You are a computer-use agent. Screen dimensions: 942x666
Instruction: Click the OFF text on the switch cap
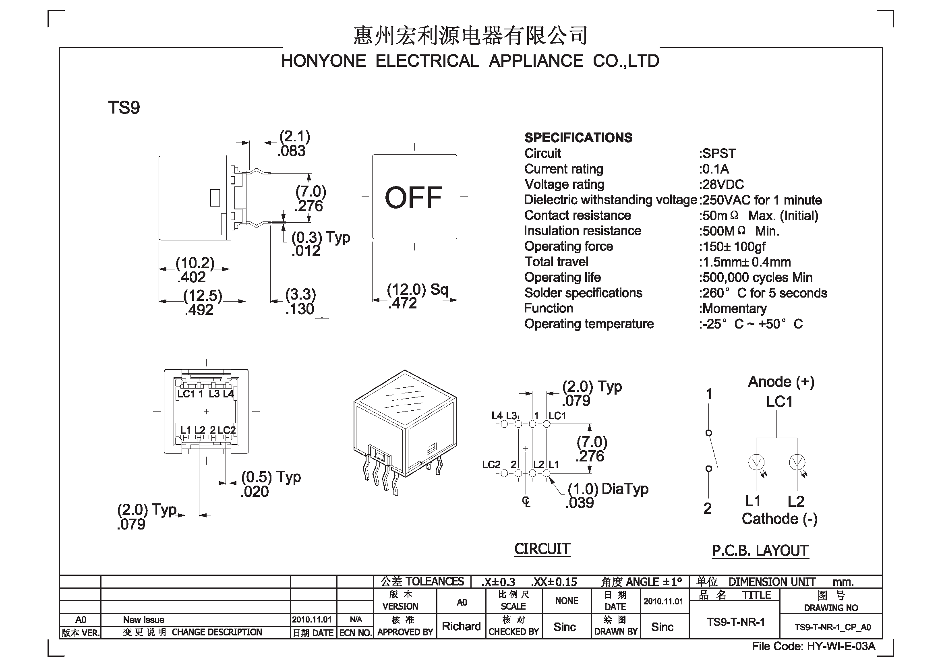[414, 198]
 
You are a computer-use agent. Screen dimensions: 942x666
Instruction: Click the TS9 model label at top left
[124, 108]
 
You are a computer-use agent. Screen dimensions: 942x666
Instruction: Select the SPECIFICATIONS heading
[578, 138]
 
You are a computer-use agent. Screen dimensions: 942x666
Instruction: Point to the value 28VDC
[723, 184]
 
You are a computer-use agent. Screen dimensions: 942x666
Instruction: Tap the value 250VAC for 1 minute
[762, 200]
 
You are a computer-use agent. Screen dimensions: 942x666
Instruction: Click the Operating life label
[563, 277]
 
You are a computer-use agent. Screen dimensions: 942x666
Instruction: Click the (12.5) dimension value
[203, 295]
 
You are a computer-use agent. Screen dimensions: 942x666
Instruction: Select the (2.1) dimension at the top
[294, 136]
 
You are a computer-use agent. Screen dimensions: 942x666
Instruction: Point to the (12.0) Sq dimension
[418, 290]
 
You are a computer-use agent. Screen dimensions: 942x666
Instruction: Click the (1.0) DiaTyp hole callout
[608, 489]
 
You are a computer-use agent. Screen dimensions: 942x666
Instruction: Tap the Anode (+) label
[781, 382]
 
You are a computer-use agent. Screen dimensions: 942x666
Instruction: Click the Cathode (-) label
[780, 519]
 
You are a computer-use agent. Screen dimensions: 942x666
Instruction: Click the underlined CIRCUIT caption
[542, 549]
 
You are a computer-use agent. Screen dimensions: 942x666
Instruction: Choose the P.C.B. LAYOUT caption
[760, 551]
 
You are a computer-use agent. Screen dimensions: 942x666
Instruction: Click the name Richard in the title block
[461, 626]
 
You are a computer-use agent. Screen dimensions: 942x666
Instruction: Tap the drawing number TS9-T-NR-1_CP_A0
[832, 627]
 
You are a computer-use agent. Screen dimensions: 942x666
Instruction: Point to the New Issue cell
[144, 620]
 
